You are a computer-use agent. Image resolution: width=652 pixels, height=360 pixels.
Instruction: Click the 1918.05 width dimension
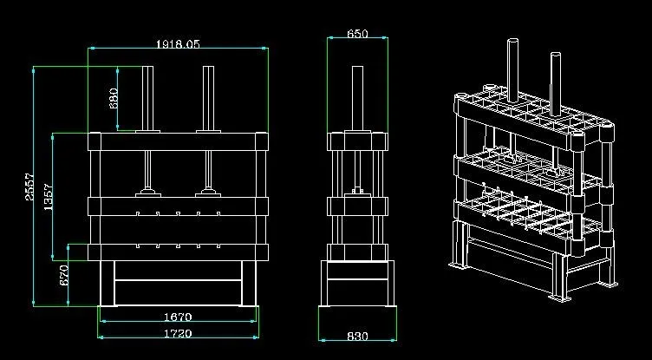[178, 43]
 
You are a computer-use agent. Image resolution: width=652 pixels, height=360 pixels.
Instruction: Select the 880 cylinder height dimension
[113, 97]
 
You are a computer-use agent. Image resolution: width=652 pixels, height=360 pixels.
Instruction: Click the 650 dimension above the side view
[357, 34]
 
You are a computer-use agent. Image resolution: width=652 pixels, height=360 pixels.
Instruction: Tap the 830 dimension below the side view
[357, 336]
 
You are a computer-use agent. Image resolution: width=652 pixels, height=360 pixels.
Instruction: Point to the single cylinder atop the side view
[357, 97]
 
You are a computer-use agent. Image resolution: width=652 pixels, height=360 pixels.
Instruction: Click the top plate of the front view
[178, 142]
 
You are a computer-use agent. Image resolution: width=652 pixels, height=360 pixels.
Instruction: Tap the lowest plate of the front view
[178, 252]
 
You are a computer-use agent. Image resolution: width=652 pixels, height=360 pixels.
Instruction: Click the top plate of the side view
[357, 142]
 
